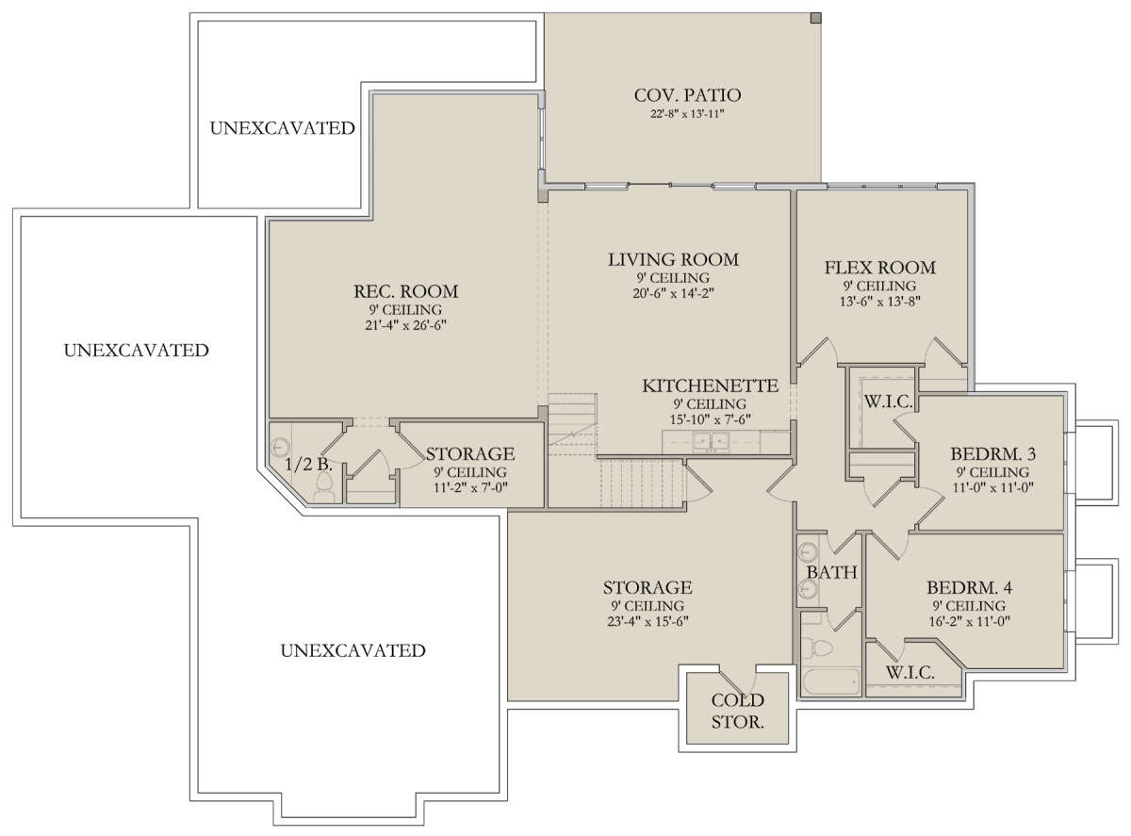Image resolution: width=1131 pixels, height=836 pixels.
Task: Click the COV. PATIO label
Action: [x=687, y=95]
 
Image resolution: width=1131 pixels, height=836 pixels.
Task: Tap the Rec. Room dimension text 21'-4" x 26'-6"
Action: [x=405, y=325]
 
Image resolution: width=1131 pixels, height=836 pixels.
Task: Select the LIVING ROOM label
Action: [x=673, y=259]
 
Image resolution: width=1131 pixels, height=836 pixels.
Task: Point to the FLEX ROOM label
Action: [x=880, y=268]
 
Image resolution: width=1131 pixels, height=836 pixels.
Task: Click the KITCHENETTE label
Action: [x=711, y=385]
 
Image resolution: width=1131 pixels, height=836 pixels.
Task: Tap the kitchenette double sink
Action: [x=711, y=441]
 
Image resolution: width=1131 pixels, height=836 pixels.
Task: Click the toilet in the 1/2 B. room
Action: [x=324, y=487]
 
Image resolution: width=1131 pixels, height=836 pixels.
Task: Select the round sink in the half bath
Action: [x=279, y=448]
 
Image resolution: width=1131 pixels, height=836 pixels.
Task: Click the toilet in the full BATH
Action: [x=818, y=648]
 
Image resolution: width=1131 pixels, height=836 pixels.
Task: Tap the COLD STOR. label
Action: [x=737, y=712]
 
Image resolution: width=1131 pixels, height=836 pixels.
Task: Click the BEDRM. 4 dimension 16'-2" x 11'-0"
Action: [x=969, y=621]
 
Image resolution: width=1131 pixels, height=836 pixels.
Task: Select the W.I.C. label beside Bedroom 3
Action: [x=888, y=402]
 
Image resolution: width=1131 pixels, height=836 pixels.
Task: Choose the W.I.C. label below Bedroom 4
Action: [x=910, y=672]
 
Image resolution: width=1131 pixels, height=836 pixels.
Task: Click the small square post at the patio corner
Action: [x=816, y=18]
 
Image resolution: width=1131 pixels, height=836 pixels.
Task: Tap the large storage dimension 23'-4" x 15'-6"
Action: [x=647, y=621]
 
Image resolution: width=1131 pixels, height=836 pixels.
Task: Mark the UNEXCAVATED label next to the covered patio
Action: [x=282, y=128]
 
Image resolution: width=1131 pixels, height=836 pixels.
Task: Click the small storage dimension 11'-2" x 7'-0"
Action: [x=470, y=487]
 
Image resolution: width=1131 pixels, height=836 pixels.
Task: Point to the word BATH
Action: [x=831, y=572]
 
